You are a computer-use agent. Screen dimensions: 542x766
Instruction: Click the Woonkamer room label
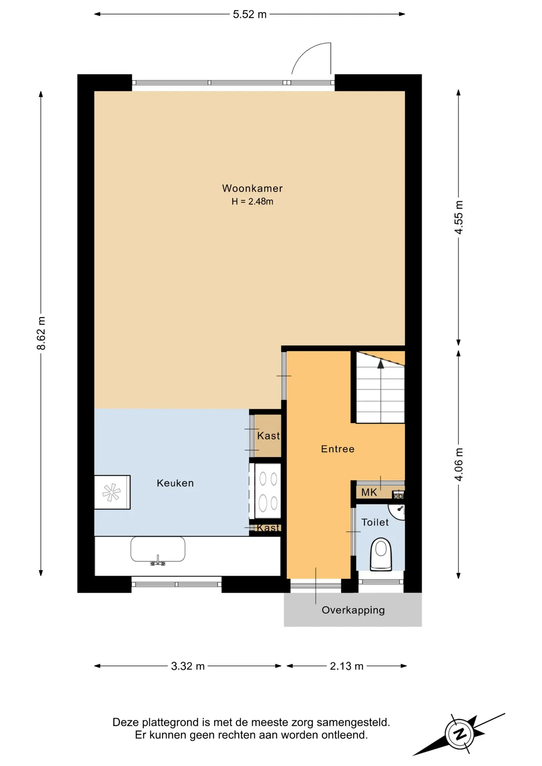(x=252, y=188)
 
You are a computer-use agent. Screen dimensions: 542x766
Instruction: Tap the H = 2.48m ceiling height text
(x=252, y=201)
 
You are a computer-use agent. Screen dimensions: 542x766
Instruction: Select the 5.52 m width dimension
(x=249, y=14)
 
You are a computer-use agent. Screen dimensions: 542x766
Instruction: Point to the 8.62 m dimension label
(x=41, y=333)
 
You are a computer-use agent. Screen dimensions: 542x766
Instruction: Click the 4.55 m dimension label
(x=459, y=217)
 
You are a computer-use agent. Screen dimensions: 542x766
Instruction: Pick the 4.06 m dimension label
(x=459, y=464)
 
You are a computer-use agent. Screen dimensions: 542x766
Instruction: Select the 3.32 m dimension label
(x=188, y=666)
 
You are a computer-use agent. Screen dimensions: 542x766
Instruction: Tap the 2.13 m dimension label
(x=346, y=666)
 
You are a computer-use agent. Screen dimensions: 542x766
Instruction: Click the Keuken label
(x=175, y=483)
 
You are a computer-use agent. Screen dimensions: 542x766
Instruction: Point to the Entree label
(x=338, y=449)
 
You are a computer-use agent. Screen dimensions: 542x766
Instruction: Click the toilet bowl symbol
(x=381, y=554)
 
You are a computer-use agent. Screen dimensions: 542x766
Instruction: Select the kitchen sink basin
(x=158, y=549)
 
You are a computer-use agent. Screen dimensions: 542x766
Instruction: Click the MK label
(x=369, y=492)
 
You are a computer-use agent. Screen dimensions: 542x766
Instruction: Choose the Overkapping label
(x=353, y=610)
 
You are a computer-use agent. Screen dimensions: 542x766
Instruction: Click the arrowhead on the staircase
(x=381, y=363)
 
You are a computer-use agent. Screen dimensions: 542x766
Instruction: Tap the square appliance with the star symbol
(x=112, y=492)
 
